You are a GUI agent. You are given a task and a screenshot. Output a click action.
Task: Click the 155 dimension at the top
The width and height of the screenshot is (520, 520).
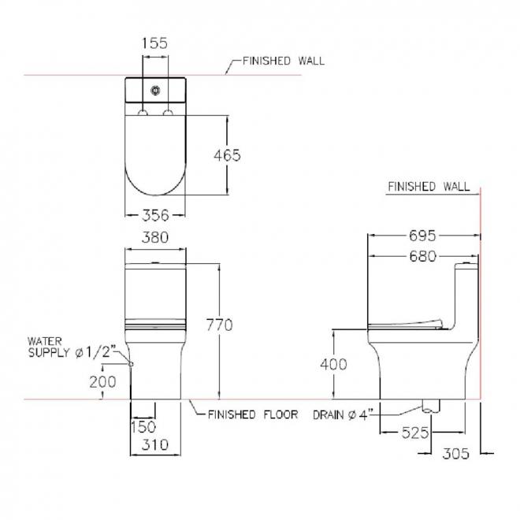tap(155, 43)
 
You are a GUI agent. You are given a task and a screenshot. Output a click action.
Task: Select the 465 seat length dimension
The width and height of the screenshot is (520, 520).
tap(227, 155)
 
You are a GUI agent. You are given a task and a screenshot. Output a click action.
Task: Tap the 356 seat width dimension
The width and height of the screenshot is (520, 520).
tap(155, 216)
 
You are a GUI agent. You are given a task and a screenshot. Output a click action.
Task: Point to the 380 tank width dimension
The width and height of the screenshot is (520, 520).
tap(155, 237)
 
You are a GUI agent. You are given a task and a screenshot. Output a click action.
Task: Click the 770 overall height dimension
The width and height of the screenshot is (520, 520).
tap(219, 325)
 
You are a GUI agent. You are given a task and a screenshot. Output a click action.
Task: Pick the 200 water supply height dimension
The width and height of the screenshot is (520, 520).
tap(102, 382)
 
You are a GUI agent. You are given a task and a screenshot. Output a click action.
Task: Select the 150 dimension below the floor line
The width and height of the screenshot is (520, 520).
tap(143, 427)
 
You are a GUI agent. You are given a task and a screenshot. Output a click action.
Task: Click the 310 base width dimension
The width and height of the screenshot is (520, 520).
tap(155, 444)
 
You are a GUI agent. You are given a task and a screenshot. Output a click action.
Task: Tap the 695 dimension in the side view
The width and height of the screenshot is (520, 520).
tap(422, 236)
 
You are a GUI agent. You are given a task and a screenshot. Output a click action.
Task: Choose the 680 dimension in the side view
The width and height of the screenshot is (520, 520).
tap(422, 256)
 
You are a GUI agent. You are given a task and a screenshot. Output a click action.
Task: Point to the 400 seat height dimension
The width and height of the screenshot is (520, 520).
tap(333, 364)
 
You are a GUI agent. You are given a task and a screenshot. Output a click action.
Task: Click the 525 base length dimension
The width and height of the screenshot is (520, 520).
tap(415, 433)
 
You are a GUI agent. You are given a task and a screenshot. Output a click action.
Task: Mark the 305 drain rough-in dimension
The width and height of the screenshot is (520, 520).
tap(455, 454)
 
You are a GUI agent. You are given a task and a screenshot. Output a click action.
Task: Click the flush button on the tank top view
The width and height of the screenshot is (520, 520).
tap(155, 90)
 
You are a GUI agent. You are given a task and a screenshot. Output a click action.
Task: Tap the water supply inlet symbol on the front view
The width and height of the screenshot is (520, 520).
tap(131, 364)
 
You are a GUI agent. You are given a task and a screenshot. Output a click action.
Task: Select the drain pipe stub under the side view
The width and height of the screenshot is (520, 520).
tap(431, 407)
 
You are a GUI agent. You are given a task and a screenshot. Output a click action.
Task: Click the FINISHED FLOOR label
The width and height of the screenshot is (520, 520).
tap(253, 414)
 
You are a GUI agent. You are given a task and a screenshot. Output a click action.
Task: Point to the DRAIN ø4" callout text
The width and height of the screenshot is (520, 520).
tap(343, 414)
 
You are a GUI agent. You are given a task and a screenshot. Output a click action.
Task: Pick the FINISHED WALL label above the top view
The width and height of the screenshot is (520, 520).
tap(284, 61)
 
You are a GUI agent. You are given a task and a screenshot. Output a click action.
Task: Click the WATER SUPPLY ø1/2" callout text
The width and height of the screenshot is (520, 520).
tap(72, 347)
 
